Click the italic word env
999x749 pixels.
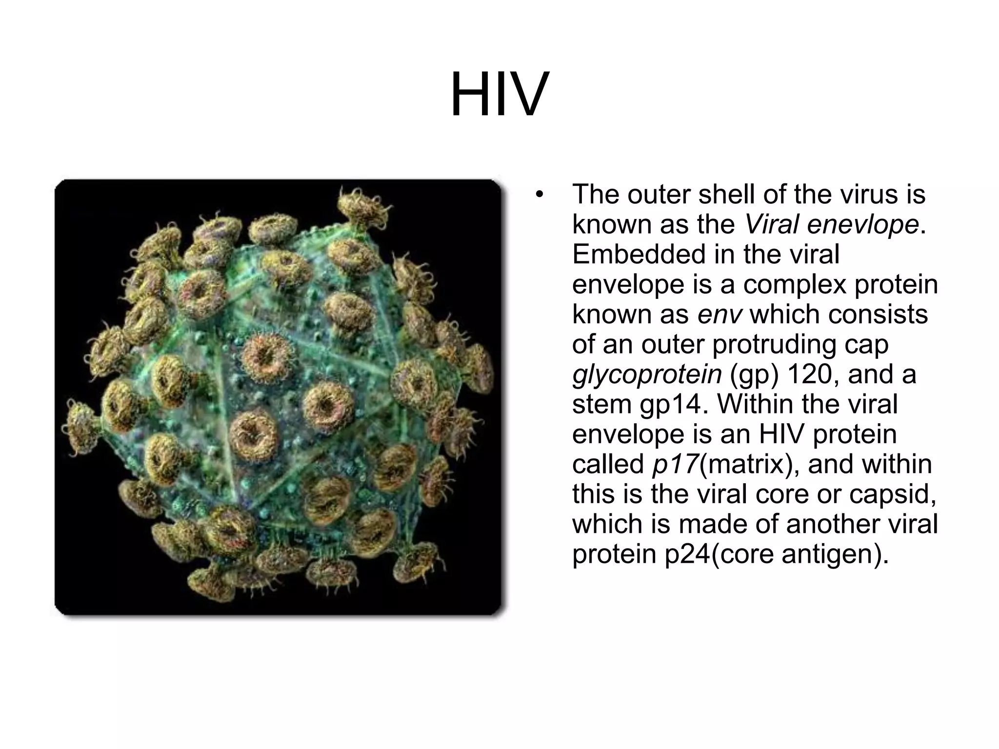pos(719,315)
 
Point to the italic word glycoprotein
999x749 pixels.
pos(646,374)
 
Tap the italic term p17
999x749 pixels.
pos(675,464)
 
